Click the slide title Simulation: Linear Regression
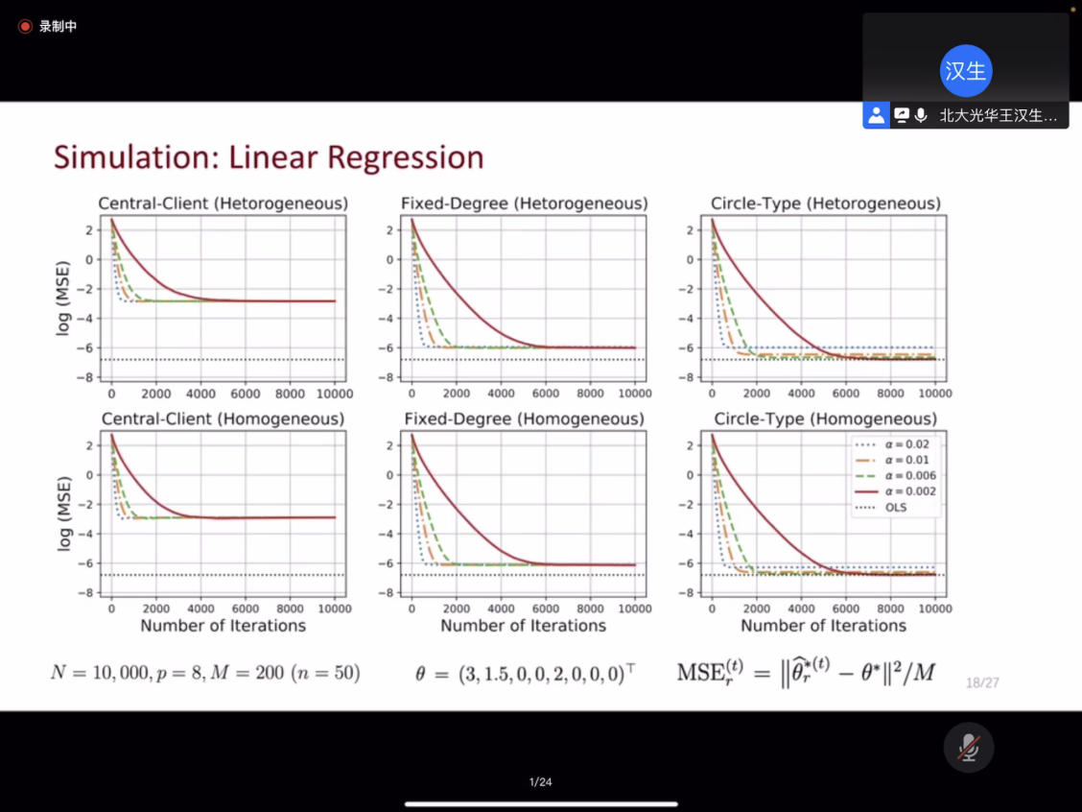point(269,157)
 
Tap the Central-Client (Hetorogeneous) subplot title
point(223,203)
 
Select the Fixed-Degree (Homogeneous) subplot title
point(524,419)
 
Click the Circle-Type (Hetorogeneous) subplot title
point(825,203)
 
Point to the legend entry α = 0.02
point(892,443)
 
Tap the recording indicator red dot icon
point(25,26)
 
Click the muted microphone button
point(969,747)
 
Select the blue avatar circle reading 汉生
point(966,71)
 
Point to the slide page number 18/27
point(983,682)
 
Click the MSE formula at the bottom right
point(806,672)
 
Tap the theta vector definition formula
point(525,673)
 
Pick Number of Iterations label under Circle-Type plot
point(823,626)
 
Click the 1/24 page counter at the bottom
point(541,782)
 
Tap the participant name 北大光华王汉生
point(998,116)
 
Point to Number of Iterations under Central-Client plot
point(223,626)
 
